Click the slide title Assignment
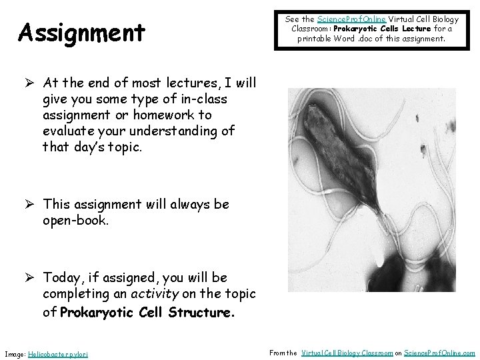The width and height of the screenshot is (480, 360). point(82,32)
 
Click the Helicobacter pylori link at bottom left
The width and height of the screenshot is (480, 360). point(59,353)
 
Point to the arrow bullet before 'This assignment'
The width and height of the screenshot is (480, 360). point(29,205)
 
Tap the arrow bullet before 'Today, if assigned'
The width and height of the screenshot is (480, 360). point(29,277)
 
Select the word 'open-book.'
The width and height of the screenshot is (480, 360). point(75,220)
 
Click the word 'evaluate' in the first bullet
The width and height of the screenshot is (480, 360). point(70,131)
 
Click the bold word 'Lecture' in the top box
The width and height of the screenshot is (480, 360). point(416,29)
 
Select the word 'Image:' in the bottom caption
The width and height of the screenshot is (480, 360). point(15,353)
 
